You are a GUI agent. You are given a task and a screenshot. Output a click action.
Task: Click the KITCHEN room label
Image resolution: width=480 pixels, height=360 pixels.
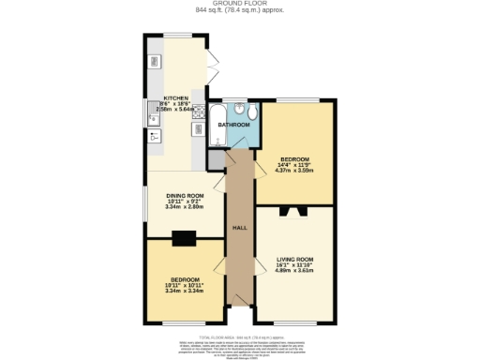click(x=176, y=97)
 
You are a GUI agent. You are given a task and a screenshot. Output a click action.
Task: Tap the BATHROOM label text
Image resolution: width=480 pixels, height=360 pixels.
click(x=233, y=124)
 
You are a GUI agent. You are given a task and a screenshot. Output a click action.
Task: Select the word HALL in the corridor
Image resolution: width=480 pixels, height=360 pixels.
click(x=240, y=228)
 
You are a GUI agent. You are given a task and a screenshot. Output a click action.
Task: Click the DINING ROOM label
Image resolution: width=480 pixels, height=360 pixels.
click(x=185, y=196)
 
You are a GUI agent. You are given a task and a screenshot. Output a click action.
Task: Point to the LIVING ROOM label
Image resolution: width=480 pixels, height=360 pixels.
click(x=294, y=258)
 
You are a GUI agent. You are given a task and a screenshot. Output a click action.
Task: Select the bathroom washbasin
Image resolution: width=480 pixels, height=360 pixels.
click(x=239, y=109)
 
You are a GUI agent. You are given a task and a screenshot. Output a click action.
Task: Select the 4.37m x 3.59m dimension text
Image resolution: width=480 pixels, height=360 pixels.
click(x=294, y=172)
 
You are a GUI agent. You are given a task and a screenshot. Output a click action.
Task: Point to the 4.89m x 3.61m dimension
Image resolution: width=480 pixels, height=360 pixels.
click(x=294, y=269)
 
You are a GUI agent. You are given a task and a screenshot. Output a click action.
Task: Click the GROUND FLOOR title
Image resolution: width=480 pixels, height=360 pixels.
click(x=239, y=4)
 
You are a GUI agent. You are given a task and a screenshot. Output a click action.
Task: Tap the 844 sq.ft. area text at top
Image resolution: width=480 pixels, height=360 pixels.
click(x=239, y=10)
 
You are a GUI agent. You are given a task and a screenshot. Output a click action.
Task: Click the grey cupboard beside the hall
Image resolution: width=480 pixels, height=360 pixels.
click(x=216, y=159)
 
